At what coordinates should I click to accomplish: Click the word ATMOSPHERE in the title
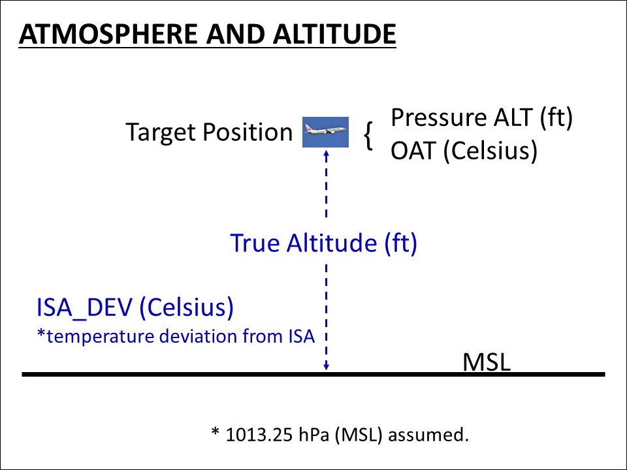108,34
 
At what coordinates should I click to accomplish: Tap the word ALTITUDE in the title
334,34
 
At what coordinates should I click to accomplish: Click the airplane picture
325,132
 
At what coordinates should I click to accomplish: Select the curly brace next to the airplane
368,136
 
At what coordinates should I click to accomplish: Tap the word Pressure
438,117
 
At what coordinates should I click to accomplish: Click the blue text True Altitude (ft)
323,243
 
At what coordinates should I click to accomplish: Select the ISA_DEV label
84,307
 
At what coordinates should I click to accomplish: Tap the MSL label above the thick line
486,362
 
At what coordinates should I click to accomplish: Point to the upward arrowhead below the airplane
327,155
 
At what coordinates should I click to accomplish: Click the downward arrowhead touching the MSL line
327,366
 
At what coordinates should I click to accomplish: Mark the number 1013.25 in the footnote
259,435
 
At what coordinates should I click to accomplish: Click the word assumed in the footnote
428,435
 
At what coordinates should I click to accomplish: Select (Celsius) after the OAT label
490,151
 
